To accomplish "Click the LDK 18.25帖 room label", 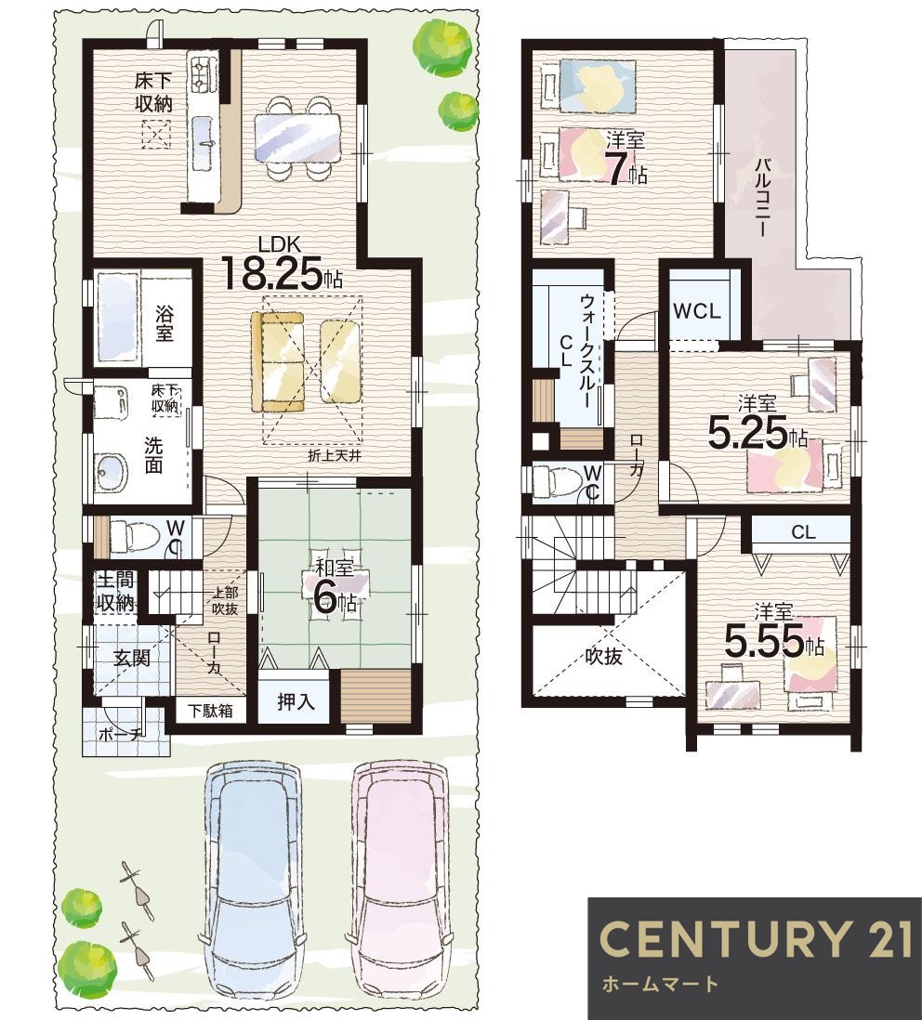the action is pos(281,264).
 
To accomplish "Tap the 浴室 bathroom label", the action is pos(165,324).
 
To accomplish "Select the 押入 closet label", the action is pos(296,702).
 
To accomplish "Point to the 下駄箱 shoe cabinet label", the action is pos(211,711).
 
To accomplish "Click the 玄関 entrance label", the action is pos(132,658).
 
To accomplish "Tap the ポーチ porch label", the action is pos(121,735).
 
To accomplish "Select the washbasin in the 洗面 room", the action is pos(111,473).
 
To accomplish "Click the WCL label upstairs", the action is pos(697,311).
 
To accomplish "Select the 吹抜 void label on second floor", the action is pos(604,657).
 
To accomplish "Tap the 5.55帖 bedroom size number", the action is pos(773,641).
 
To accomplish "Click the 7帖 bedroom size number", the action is pos(626,169).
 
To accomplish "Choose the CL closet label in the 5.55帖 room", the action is pos(803,533).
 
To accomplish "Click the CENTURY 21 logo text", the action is pos(755,938).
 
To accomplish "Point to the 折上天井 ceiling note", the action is pos(335,456).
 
